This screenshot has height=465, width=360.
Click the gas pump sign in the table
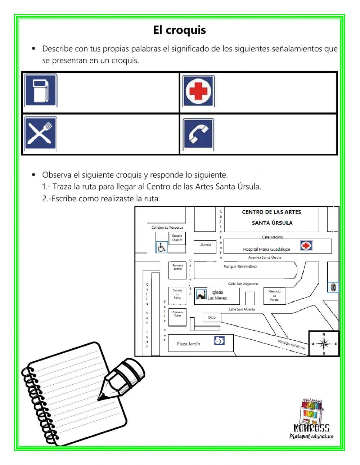click(x=40, y=90)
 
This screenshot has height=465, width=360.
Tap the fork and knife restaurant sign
click(x=40, y=134)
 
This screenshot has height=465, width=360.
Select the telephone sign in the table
click(x=198, y=134)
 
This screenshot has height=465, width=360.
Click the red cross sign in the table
click(x=198, y=91)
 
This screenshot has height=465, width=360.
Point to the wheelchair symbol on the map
click(x=161, y=247)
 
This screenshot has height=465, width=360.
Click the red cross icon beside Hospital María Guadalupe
click(x=306, y=246)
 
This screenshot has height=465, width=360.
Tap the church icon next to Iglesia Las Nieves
click(x=201, y=295)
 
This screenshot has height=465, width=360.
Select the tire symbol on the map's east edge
click(x=333, y=287)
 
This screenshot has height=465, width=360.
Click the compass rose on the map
click(x=324, y=344)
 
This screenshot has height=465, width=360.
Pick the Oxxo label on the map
click(x=212, y=317)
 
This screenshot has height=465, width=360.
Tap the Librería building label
click(x=205, y=245)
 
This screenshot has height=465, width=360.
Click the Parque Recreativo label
click(x=240, y=267)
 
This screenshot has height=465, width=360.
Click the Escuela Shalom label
click(x=177, y=238)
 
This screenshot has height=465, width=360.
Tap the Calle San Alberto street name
click(x=242, y=309)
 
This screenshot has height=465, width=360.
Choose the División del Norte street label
click(x=291, y=344)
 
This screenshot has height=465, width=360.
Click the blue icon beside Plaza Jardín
click(x=219, y=340)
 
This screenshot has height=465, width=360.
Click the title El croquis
click(x=179, y=30)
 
